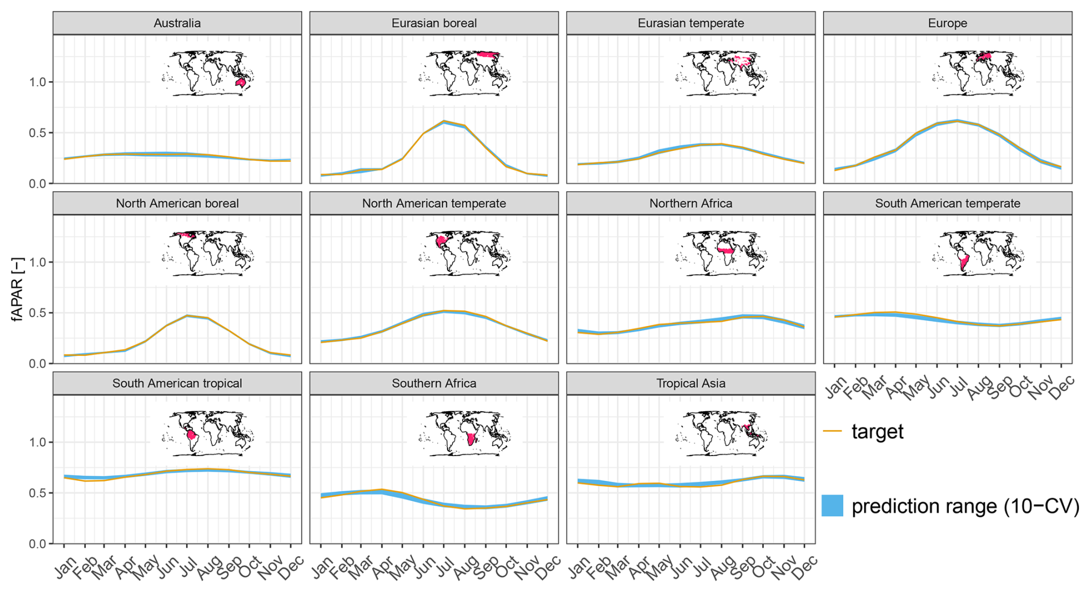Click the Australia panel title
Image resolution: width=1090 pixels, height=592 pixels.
point(177,24)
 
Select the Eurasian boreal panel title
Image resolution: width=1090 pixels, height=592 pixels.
point(434,24)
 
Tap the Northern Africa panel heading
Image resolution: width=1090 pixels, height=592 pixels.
point(691,203)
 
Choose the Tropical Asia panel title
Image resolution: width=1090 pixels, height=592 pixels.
point(691,384)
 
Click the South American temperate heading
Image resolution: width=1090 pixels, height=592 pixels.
point(947,203)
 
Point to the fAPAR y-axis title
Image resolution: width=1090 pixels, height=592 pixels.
point(18,289)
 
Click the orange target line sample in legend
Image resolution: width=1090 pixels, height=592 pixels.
point(832,431)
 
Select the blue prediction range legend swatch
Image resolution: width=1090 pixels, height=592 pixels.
point(832,506)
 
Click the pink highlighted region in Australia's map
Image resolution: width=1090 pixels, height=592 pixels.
point(241,84)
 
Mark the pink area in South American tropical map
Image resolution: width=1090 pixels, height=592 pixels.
point(192,435)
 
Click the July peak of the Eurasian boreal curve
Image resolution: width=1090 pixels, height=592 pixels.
point(444,122)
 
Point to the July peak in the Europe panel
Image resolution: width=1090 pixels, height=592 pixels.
point(957,120)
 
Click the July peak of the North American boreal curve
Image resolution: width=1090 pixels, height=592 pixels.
point(187,316)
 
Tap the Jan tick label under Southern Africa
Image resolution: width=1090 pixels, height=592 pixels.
point(323,567)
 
